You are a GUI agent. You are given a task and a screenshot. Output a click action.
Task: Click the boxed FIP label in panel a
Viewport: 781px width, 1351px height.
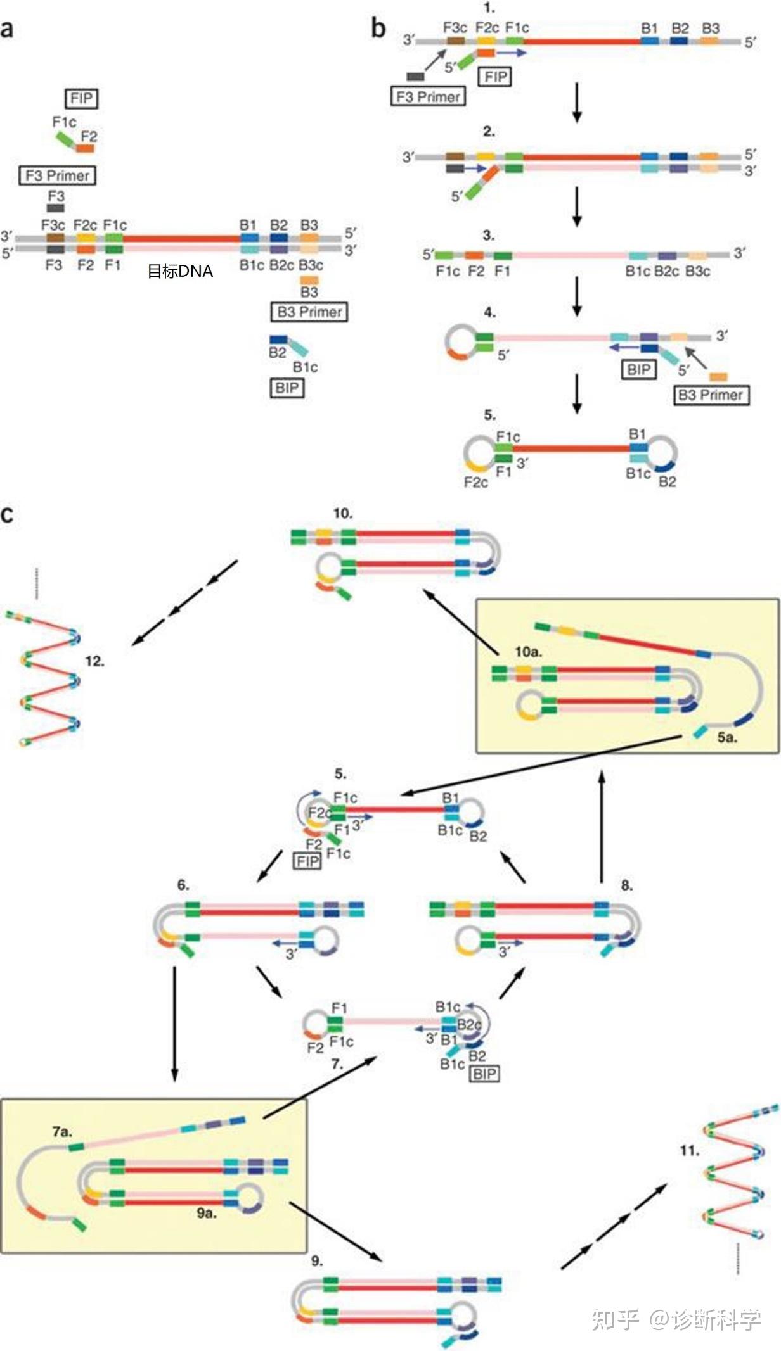[x=81, y=99]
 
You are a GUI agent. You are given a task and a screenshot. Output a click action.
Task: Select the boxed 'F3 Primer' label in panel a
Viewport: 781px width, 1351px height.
[x=58, y=175]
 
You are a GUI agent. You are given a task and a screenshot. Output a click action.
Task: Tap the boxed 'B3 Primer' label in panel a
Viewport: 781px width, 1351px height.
[x=309, y=312]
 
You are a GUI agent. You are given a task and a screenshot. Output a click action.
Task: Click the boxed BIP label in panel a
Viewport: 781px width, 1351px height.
[x=287, y=388]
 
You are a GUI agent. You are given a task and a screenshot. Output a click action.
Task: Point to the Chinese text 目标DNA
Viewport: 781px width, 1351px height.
[x=180, y=272]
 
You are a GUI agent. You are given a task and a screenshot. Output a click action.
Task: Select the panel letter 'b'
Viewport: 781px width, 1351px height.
[x=378, y=29]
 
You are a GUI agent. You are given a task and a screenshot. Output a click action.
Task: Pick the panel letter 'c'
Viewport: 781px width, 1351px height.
[x=7, y=514]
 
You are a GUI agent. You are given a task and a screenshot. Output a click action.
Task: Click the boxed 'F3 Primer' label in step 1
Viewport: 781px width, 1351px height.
[x=428, y=96]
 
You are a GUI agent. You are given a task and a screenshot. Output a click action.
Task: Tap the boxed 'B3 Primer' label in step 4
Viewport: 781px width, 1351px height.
[x=711, y=395]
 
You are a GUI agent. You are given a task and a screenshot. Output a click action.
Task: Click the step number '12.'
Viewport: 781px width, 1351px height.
[x=94, y=661]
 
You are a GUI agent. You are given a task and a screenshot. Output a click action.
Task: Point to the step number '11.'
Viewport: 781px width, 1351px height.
[x=690, y=1150]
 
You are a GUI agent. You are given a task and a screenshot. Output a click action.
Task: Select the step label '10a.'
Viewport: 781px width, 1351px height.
[x=528, y=652]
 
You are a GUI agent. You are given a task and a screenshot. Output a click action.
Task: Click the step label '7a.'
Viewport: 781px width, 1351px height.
[x=62, y=1131]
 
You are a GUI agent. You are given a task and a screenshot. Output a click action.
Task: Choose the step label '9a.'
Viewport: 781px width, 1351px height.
[x=207, y=1213]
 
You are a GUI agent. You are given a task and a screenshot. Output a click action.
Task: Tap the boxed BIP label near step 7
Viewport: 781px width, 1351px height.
[x=484, y=1074]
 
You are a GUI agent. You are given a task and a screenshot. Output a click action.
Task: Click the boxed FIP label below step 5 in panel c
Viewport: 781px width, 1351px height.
[x=307, y=861]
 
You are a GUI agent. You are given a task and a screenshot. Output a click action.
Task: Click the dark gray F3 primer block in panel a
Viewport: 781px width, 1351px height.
[x=56, y=207]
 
